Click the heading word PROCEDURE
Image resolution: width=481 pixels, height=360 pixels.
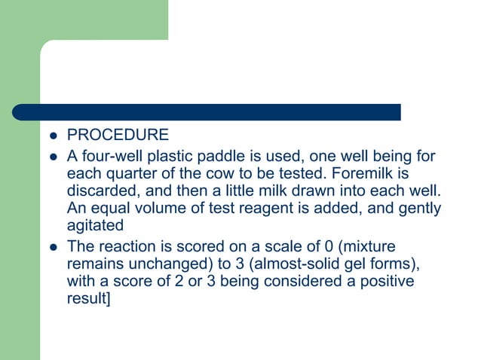(x=118, y=136)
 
